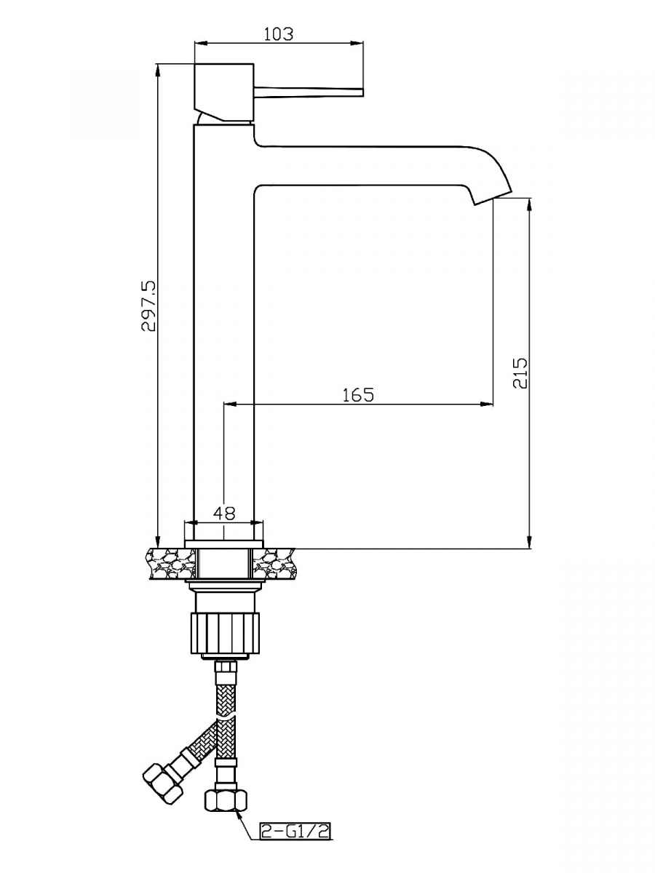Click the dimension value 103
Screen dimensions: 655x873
coord(279,34)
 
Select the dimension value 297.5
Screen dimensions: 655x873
coord(149,306)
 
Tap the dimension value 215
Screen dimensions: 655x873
coord(520,373)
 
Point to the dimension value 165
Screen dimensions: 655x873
coord(358,394)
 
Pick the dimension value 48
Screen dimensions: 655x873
coord(225,513)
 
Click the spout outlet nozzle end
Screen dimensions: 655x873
coord(493,198)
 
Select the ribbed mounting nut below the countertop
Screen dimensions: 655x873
coord(226,633)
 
